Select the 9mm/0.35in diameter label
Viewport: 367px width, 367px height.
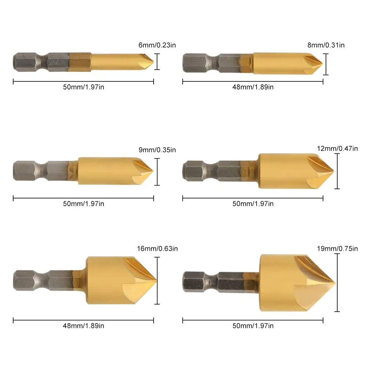pyautogui.click(x=157, y=150)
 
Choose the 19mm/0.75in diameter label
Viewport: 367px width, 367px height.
pyautogui.click(x=338, y=249)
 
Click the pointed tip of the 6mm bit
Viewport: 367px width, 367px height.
pyautogui.click(x=153, y=62)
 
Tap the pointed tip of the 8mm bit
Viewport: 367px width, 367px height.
pyautogui.click(x=322, y=64)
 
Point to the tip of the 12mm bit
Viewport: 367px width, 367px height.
pyautogui.click(x=333, y=171)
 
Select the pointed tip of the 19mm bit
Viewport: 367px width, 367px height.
pyautogui.click(x=334, y=283)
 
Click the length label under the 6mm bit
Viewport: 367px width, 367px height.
pyautogui.click(x=84, y=87)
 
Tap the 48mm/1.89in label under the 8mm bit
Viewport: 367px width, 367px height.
pyautogui.click(x=253, y=87)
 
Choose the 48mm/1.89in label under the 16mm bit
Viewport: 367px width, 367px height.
pyautogui.click(x=84, y=326)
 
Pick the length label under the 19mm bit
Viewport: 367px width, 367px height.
pyautogui.click(x=253, y=326)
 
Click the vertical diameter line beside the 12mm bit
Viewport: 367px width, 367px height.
pyautogui.click(x=337, y=171)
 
